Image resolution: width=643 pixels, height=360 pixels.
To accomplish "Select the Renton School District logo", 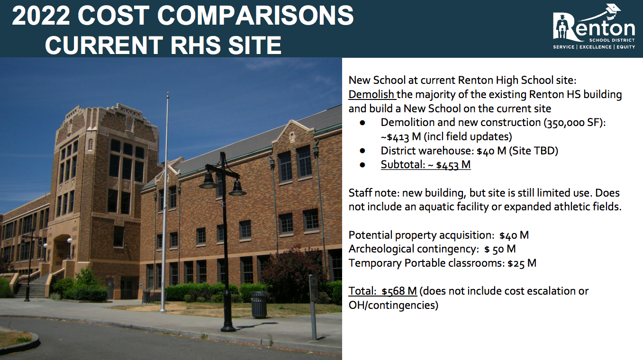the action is (594, 27).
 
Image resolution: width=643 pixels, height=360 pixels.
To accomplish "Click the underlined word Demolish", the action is (371, 94).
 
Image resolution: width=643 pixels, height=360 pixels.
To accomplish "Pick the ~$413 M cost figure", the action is (401, 137).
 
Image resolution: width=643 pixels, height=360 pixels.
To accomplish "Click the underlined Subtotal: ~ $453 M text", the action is (426, 165).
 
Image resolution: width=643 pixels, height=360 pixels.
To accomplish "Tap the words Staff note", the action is (373, 193).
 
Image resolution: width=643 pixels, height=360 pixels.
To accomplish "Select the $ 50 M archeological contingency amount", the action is (500, 249).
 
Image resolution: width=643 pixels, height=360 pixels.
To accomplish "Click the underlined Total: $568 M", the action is (383, 291).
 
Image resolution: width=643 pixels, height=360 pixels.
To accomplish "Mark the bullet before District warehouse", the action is (362, 151).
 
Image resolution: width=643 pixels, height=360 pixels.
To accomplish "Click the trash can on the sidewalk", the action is (259, 305).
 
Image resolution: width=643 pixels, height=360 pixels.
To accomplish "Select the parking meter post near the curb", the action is (314, 307).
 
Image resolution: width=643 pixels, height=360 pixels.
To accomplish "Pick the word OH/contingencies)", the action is (393, 305).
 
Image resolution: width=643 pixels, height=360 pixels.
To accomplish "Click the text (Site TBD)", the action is (534, 151).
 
